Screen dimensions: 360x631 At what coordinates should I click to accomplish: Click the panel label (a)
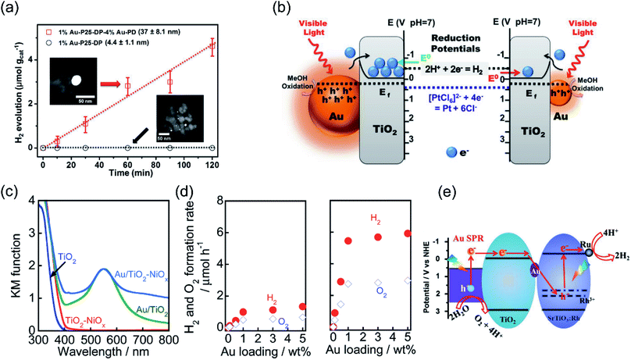click(x=13, y=9)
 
